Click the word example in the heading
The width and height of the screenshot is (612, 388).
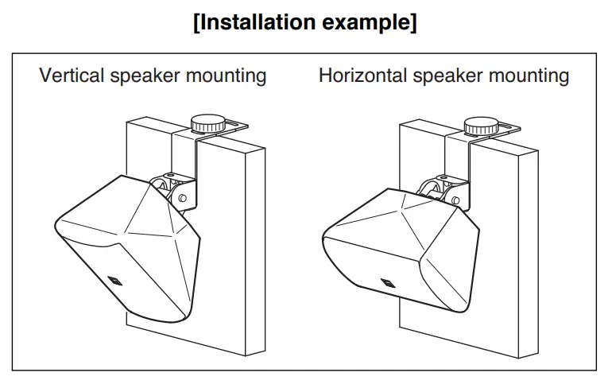pyautogui.click(x=367, y=21)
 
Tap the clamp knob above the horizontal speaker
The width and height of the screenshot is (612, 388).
pyautogui.click(x=482, y=125)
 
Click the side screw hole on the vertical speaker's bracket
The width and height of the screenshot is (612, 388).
pyautogui.click(x=184, y=197)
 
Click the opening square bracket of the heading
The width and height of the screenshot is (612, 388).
pyautogui.click(x=198, y=22)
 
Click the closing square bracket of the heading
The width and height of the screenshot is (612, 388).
pyautogui.click(x=413, y=22)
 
